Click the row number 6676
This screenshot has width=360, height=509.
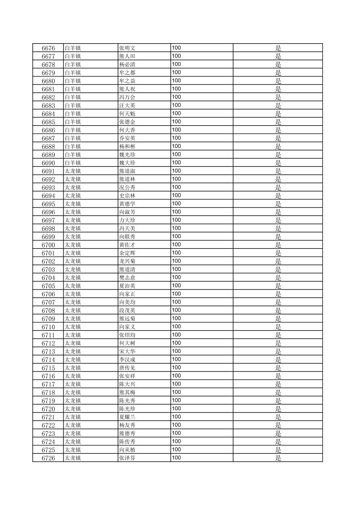(48, 48)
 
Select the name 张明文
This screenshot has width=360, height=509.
(127, 48)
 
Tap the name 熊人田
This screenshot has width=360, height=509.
(127, 56)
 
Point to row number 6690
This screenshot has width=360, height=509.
(48, 163)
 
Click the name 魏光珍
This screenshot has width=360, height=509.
(127, 155)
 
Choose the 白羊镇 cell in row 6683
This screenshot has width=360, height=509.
(73, 105)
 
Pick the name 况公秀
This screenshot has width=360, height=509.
(127, 188)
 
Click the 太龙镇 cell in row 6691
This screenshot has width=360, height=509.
(73, 171)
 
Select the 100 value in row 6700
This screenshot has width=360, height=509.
(176, 245)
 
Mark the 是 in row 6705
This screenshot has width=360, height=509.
(278, 286)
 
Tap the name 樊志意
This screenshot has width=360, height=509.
(127, 278)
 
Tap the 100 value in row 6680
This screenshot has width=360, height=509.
(176, 81)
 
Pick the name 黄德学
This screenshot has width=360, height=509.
(127, 204)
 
